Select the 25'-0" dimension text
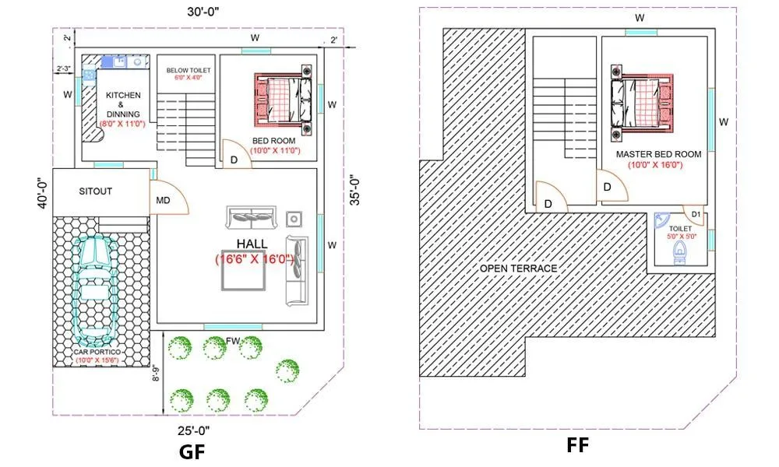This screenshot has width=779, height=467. click(x=192, y=429)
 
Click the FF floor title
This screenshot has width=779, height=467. click(x=577, y=445)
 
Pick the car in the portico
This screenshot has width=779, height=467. click(x=96, y=289)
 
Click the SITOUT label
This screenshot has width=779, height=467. click(x=95, y=191)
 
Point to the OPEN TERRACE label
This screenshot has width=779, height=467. click(x=518, y=269)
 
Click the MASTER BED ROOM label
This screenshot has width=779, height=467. click(x=658, y=154)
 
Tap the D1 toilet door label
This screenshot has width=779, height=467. click(x=696, y=213)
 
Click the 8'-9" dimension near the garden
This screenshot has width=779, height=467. click(x=157, y=374)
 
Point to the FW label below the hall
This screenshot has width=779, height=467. click(x=233, y=341)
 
